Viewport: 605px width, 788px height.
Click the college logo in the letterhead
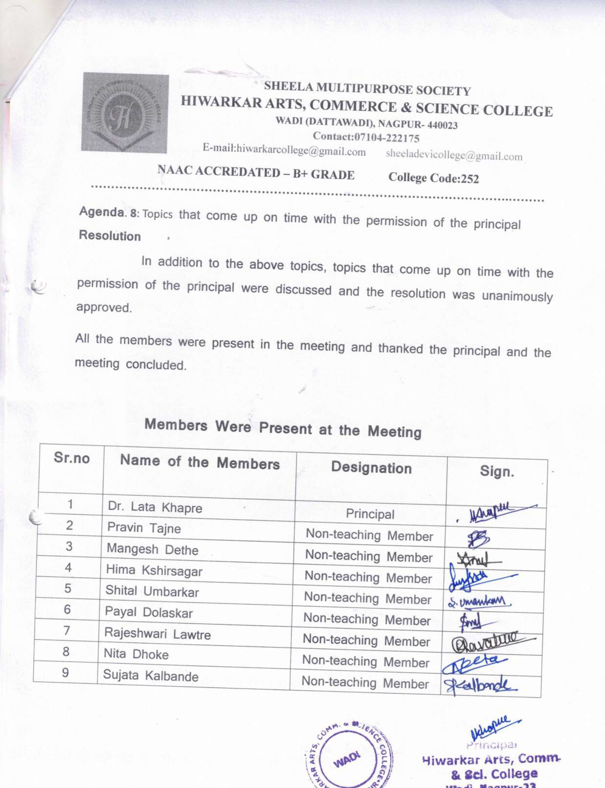[x=125, y=113]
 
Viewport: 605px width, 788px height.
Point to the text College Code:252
[x=434, y=178]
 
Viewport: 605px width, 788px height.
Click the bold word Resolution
[x=110, y=236]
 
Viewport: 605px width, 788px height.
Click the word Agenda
[x=102, y=212]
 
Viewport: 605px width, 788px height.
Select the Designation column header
[x=371, y=468]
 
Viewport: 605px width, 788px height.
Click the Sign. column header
[x=497, y=471]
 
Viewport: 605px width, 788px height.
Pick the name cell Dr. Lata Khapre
[x=155, y=507]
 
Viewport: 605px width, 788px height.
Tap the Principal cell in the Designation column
[x=370, y=514]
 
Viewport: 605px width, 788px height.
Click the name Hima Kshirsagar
[x=154, y=571]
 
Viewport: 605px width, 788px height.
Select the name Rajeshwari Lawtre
[x=157, y=633]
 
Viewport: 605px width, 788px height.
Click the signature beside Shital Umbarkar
[x=479, y=601]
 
